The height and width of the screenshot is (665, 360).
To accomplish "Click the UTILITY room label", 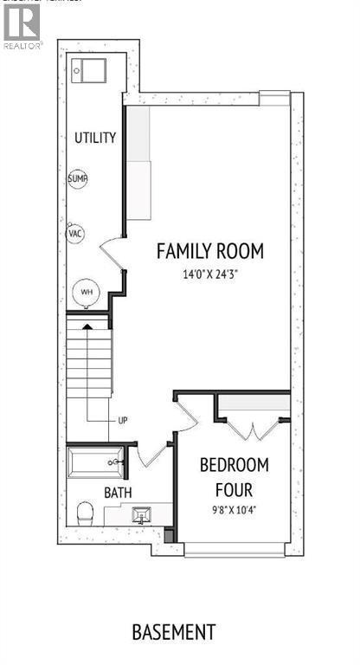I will click(x=95, y=138).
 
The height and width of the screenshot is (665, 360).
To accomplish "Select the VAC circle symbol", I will click(x=75, y=234).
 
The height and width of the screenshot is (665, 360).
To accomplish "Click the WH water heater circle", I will click(x=87, y=292).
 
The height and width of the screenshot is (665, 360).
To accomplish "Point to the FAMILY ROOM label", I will click(x=209, y=251).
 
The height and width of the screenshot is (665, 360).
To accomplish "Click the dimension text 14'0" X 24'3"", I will click(x=209, y=275).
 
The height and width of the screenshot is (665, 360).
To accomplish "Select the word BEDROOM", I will click(x=234, y=464).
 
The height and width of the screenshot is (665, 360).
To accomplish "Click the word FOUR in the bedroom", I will click(x=234, y=487).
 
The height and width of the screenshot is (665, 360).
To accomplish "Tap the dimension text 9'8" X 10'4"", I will click(x=234, y=509).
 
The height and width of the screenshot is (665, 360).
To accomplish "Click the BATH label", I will click(x=119, y=492).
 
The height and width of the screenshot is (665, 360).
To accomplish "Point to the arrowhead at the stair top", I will click(x=87, y=326).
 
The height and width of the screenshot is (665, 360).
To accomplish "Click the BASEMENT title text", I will click(x=174, y=631).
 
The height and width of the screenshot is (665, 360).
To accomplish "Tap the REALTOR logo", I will click(x=22, y=24).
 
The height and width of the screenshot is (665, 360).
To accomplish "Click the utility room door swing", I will click(x=112, y=254).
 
